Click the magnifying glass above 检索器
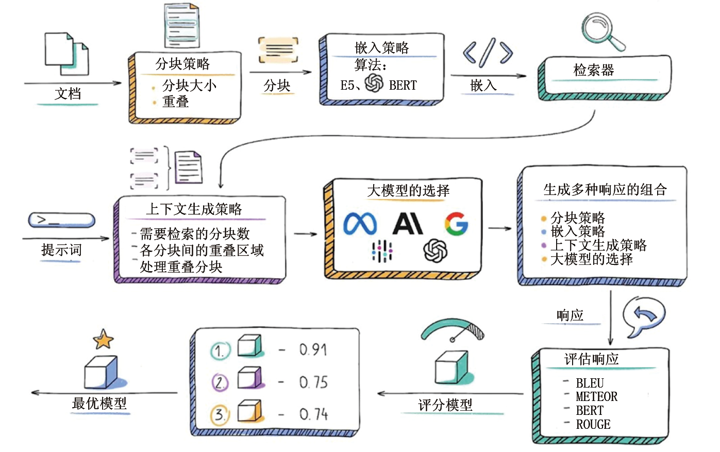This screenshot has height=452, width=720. [601, 30]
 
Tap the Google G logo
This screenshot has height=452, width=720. [456, 224]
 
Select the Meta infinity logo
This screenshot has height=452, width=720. [360, 224]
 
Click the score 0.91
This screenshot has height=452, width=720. [313, 350]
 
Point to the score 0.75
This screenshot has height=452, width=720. [313, 382]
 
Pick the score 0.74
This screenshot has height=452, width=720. [313, 414]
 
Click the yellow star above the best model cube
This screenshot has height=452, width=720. [103, 340]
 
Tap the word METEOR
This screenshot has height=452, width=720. [596, 397]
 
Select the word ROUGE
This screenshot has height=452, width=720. [593, 425]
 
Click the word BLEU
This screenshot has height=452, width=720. [590, 383]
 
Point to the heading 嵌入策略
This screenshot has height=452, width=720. [381, 48]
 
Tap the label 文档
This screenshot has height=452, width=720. [68, 94]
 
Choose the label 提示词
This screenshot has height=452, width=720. [61, 250]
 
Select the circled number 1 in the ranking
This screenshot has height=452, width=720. [220, 351]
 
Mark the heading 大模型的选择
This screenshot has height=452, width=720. [408, 191]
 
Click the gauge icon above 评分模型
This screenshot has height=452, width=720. [452, 330]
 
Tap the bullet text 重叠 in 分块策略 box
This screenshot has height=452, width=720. [176, 102]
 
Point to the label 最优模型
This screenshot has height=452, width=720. [99, 403]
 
